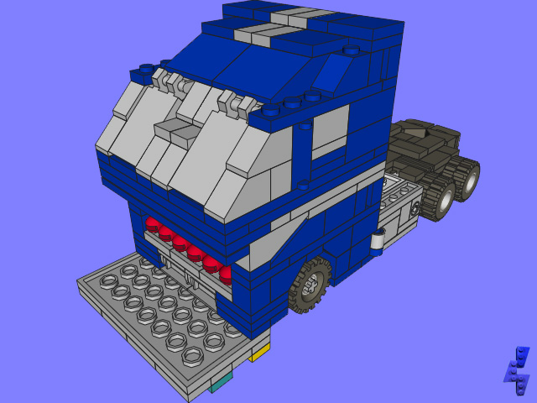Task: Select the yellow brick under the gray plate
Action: tap(259, 353)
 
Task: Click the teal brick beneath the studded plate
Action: tap(221, 383)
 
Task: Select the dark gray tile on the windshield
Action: tap(174, 129)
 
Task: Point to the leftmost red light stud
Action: tap(152, 224)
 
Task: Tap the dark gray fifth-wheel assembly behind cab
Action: tap(424, 147)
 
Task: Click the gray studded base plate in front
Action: tap(159, 315)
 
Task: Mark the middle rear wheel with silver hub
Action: tap(440, 197)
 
